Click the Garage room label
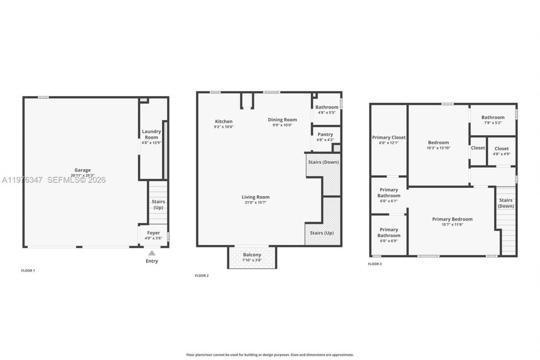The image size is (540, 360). pos(83,170)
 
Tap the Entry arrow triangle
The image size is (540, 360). pos(152,253)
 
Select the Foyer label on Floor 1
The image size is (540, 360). pos(154,233)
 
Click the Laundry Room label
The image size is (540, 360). pos(151,134)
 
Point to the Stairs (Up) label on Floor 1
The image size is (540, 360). pos(158,205)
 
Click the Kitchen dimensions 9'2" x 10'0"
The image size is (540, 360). pos(224,127)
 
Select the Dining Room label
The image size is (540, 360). pos(282,120)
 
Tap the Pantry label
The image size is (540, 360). pos(325,135)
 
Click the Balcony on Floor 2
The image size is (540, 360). pos(252,257)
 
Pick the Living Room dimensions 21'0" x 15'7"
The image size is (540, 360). pos(256,203)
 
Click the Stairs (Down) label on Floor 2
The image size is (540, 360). pos(324,162)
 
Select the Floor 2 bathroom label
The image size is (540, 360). pos(327,107)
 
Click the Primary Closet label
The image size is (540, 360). pos(389,138)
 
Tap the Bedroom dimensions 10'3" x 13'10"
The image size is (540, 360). pos(438,148)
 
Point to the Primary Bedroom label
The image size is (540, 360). pos(452,219)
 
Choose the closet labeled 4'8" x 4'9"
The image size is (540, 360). pos(502,151)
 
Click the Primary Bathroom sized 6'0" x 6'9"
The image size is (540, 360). pos(389,235)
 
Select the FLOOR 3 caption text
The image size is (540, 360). pos(375,264)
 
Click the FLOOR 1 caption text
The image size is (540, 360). pos(28,271)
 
